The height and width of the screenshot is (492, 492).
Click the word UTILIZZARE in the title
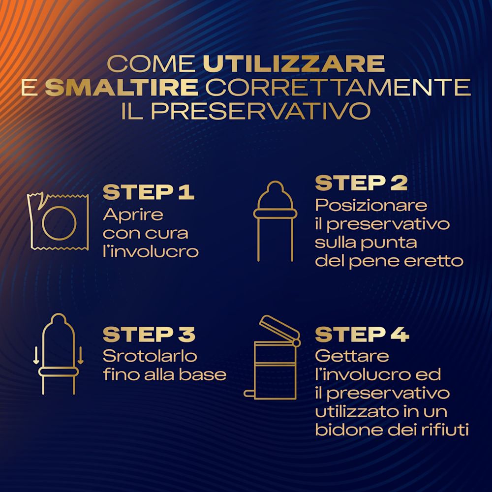pyautogui.click(x=294, y=64)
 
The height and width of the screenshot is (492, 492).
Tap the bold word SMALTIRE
pyautogui.click(x=122, y=87)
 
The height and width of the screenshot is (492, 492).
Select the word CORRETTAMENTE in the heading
pyautogui.click(x=338, y=87)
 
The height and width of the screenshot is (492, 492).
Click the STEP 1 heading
pyautogui.click(x=149, y=192)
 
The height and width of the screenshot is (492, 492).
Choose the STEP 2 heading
pyautogui.click(x=361, y=183)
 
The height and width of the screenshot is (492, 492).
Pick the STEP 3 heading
pyautogui.click(x=149, y=335)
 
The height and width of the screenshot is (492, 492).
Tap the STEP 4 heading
pyautogui.click(x=362, y=335)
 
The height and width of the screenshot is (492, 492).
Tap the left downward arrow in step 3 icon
pyautogui.click(x=36, y=356)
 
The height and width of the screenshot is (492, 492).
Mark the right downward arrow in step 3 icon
pyautogui.click(x=80, y=356)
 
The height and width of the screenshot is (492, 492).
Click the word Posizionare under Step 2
pyautogui.click(x=371, y=206)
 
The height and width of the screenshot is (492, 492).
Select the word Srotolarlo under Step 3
pyautogui.click(x=150, y=356)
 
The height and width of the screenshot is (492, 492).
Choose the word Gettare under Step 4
pyautogui.click(x=352, y=356)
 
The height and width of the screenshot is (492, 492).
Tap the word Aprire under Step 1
pyautogui.click(x=133, y=215)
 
